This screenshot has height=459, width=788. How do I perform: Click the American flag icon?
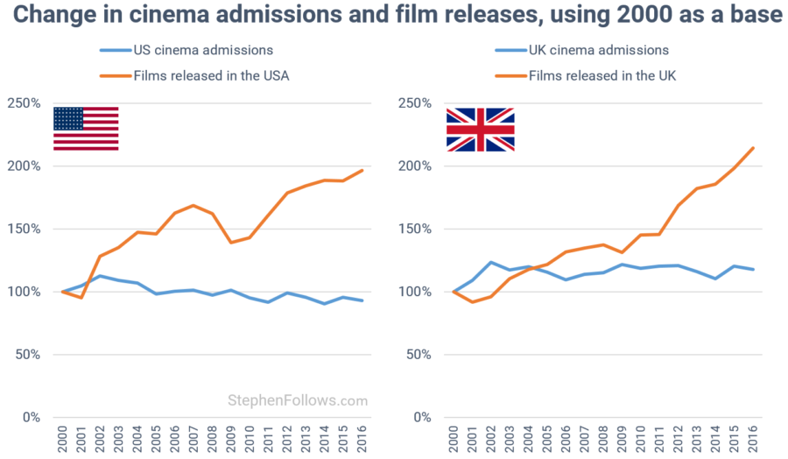coord(86,129)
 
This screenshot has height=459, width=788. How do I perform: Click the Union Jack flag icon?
coord(480,130)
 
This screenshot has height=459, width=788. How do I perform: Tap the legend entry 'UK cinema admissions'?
coord(599,50)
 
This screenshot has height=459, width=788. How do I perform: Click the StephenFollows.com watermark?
coord(298,400)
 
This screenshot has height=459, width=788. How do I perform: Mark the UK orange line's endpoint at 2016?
coord(753,148)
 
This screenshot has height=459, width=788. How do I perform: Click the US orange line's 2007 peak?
coord(193,205)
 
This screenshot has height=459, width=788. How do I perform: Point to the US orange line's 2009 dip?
coord(231,243)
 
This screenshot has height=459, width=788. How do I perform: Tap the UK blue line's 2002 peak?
coord(491,262)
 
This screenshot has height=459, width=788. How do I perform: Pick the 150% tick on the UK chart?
coord(418,229)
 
